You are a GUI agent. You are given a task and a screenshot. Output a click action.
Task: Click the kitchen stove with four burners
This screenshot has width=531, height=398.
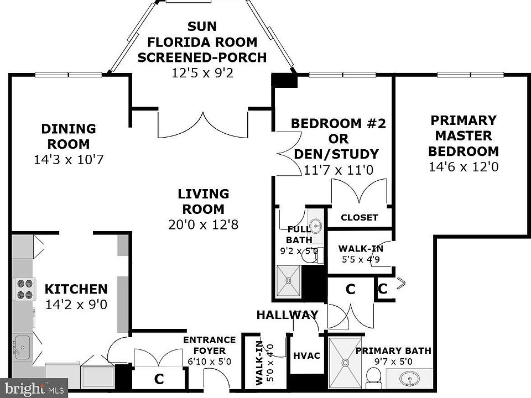coord(24,289)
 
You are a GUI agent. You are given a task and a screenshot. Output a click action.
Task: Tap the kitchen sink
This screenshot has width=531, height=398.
coord(22,348)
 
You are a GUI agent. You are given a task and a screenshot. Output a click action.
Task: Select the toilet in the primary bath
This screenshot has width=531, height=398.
coord(374,378)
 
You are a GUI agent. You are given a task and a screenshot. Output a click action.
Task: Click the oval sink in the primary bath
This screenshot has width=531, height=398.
coord(409,379)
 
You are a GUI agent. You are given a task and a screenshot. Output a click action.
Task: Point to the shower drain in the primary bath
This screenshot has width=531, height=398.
coord(345,363)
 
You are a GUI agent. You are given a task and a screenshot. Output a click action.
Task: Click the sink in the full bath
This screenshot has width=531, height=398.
coord(316,225)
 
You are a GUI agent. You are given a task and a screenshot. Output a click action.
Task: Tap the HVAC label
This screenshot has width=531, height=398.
coord(306,355)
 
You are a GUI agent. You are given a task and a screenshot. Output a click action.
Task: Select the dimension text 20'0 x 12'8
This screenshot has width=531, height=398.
coord(203,224)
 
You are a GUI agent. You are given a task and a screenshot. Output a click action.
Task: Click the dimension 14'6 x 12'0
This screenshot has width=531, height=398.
coord(464,167)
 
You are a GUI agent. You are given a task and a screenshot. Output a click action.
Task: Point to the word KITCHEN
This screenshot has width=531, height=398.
coord(76,289)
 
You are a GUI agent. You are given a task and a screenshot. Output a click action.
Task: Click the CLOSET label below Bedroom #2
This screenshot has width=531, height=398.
coord(360,217)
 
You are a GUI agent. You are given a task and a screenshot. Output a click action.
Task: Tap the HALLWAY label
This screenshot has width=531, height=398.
coord(287,315)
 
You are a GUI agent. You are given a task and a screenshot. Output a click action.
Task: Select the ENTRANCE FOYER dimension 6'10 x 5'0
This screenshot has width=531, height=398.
coord(210,362)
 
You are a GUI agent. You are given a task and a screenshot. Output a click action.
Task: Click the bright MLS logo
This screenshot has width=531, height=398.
coord(33,388)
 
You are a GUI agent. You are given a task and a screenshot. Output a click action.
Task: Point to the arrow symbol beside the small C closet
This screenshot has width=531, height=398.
coord(401,283)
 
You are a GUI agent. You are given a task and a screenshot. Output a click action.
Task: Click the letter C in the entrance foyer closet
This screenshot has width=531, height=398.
coord(159,379)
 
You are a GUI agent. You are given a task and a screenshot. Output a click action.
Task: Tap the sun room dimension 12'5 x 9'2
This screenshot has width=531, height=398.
coord(202,73)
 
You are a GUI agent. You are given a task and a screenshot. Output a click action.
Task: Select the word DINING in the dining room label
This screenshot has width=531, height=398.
coord(69,129)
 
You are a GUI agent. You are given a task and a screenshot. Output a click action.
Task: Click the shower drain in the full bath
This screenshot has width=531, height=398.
coord(289,281)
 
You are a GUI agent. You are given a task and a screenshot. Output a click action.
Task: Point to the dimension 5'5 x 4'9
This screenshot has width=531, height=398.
coord(361,260)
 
